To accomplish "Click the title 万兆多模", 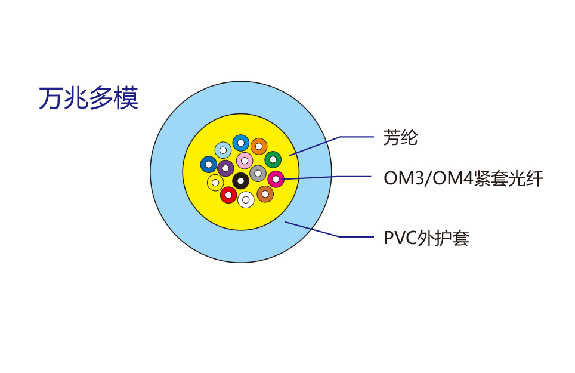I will (x=88, y=98).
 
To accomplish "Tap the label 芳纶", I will (x=400, y=138).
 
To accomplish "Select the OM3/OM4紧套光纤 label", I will (x=463, y=178).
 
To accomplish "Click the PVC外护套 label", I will (x=426, y=238).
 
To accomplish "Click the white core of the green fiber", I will (x=273, y=159).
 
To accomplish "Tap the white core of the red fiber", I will (x=228, y=195).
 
